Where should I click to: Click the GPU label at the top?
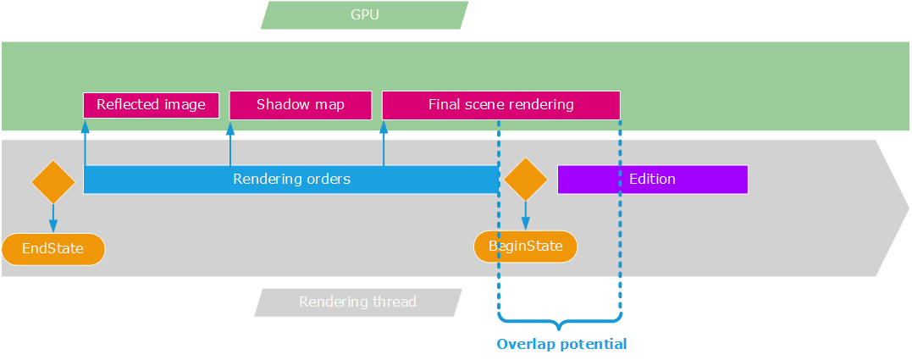[x=364, y=15]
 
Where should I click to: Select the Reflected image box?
[x=151, y=105]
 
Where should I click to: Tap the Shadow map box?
[x=301, y=105]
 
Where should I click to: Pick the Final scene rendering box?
[x=500, y=105]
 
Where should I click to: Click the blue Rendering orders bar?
[x=291, y=180]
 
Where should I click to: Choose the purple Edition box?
[x=652, y=180]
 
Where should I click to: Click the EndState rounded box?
[x=53, y=249]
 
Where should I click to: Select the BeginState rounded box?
[x=525, y=246]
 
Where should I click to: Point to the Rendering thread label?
[x=357, y=302]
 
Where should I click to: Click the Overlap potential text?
[x=561, y=344]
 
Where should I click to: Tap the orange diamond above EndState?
[x=53, y=181]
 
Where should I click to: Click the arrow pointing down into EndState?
[x=53, y=219]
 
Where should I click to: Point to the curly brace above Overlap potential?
[x=560, y=322]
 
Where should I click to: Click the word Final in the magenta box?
[x=444, y=105]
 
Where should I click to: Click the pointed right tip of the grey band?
[x=906, y=208]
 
